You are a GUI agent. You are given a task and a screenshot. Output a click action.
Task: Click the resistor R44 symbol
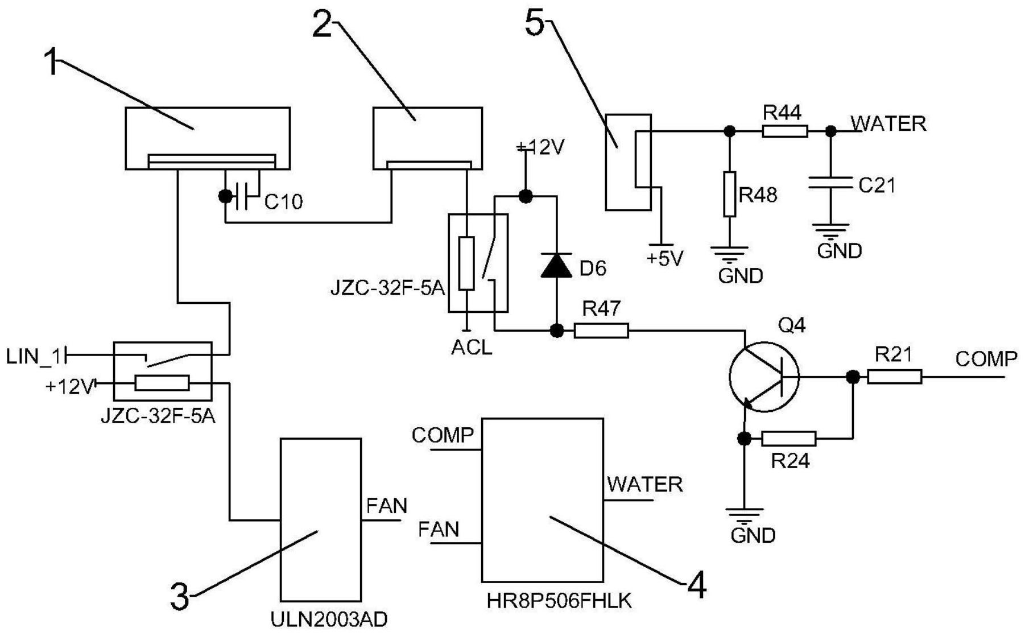pyautogui.click(x=784, y=131)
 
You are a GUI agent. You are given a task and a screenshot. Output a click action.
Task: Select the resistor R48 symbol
pyautogui.click(x=729, y=194)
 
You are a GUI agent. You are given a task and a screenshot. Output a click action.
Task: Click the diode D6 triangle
pyautogui.click(x=556, y=265)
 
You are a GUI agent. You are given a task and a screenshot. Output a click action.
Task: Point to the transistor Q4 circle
pyautogui.click(x=763, y=377)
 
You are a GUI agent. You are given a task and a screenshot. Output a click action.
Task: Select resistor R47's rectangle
pyautogui.click(x=601, y=331)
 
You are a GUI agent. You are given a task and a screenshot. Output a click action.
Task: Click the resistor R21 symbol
pyautogui.click(x=894, y=377)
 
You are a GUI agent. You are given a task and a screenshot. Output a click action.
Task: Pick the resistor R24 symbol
pyautogui.click(x=788, y=439)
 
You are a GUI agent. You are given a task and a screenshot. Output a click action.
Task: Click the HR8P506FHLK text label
pyautogui.click(x=559, y=601)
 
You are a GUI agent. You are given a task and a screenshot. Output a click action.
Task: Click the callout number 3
pyautogui.click(x=180, y=597)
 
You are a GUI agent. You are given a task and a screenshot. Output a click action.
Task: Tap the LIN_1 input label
pyautogui.click(x=33, y=357)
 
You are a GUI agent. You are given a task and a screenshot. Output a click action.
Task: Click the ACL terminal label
pyautogui.click(x=472, y=347)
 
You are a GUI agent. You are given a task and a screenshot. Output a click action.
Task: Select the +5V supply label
pyautogui.click(x=664, y=259)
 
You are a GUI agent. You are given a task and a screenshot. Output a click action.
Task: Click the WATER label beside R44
pyautogui.click(x=888, y=123)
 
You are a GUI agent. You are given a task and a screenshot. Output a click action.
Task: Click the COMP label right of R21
pyautogui.click(x=986, y=359)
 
